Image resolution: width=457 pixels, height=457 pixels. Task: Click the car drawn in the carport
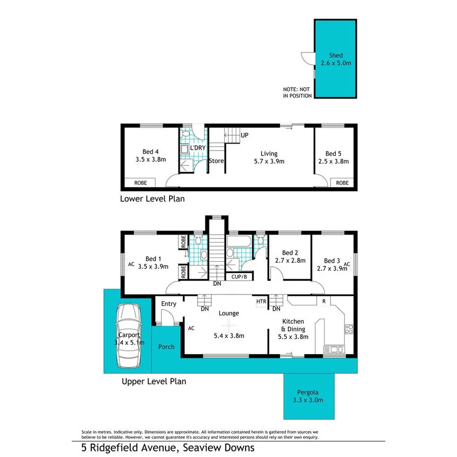click(x=128, y=336)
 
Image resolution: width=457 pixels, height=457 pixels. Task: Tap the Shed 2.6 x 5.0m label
click(x=336, y=59)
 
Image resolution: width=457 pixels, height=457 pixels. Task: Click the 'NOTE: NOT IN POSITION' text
click(x=297, y=93)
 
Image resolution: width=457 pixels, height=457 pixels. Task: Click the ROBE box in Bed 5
click(x=342, y=182)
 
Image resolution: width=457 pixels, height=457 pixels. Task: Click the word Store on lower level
click(x=216, y=161)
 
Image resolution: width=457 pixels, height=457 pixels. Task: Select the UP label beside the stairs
click(x=245, y=135)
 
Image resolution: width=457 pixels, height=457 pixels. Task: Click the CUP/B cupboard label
click(x=239, y=277)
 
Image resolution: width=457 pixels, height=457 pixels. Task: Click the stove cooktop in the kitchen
click(x=349, y=329)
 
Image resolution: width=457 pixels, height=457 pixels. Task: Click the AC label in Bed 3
click(x=347, y=264)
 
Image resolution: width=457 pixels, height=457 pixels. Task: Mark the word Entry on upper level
click(x=169, y=304)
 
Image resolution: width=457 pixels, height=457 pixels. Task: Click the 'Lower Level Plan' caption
click(x=152, y=199)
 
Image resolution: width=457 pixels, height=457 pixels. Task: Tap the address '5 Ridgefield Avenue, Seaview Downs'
click(x=168, y=447)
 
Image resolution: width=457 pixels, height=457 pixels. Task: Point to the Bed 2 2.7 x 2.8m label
click(x=290, y=256)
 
